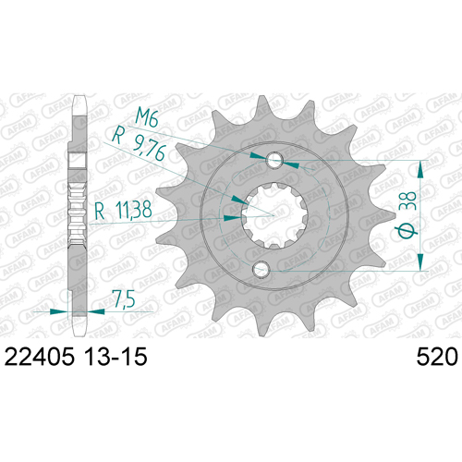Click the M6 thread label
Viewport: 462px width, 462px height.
(x=147, y=117)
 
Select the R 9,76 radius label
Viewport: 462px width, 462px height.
(x=140, y=144)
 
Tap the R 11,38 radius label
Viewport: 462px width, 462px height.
(x=123, y=211)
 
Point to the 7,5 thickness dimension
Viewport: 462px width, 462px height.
(x=124, y=298)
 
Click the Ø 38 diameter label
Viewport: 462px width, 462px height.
(x=407, y=214)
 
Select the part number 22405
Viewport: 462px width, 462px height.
(x=40, y=357)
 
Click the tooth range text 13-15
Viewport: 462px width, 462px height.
(x=115, y=357)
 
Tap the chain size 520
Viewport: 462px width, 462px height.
(x=437, y=357)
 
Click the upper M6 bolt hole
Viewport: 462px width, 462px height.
(x=274, y=160)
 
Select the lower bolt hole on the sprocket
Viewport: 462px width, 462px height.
(x=261, y=269)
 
